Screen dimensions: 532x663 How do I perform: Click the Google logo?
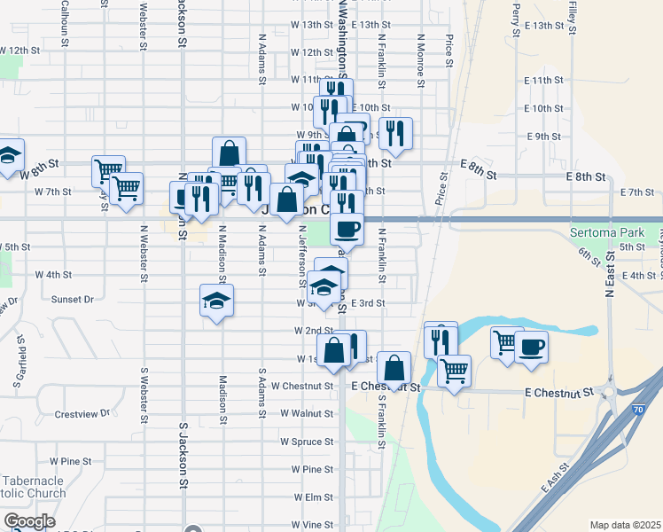click(29, 521)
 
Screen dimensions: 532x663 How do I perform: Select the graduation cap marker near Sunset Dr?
click(216, 301)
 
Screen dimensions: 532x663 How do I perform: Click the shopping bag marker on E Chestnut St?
click(394, 365)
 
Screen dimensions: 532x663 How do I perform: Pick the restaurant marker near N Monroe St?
click(396, 132)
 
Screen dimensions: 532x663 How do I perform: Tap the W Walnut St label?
click(306, 413)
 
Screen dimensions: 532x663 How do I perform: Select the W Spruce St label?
click(306, 441)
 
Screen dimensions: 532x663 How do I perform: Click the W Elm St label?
click(310, 497)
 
